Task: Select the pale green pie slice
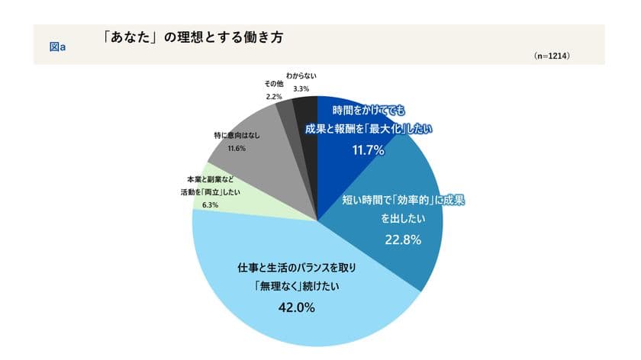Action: point(252,206)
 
